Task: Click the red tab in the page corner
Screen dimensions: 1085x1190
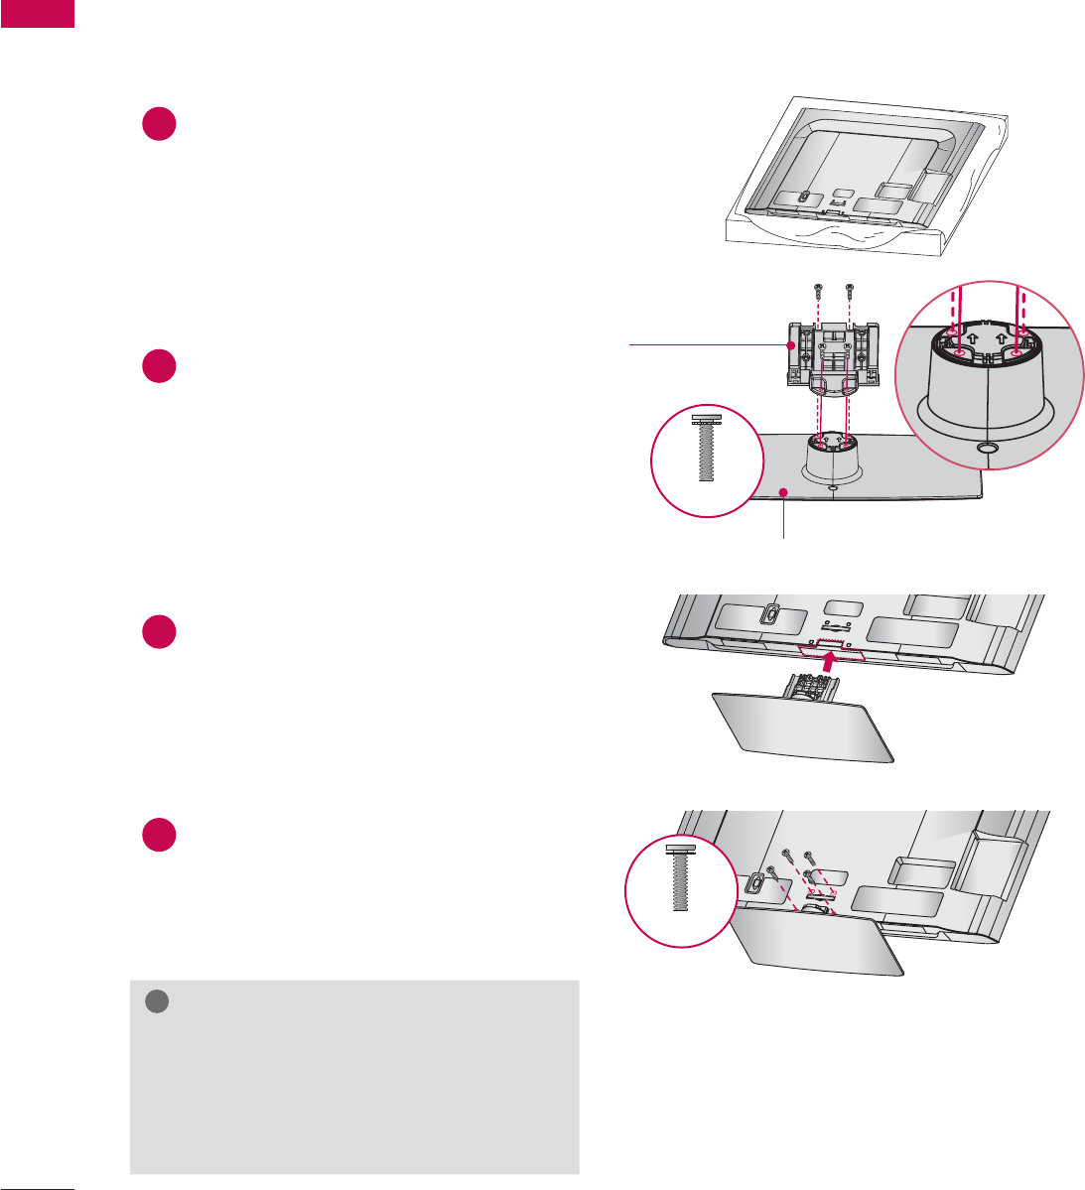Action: click(x=37, y=13)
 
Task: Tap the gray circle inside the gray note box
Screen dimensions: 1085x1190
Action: click(x=155, y=1002)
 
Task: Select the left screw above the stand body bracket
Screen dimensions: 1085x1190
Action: click(x=816, y=293)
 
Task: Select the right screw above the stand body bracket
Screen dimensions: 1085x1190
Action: click(x=849, y=293)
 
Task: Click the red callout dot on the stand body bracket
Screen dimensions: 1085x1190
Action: click(x=791, y=345)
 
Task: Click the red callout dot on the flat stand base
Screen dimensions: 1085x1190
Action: click(x=784, y=492)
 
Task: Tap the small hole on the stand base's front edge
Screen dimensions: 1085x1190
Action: click(x=832, y=486)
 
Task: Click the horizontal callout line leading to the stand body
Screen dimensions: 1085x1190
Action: click(x=705, y=344)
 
